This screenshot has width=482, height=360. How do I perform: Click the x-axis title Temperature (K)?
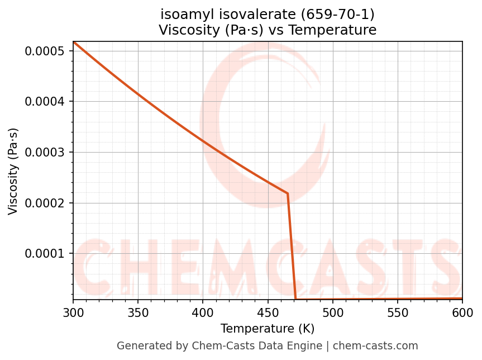click(x=268, y=328)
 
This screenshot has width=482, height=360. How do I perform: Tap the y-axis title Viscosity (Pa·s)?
click(x=13, y=171)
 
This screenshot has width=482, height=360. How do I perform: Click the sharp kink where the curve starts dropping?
click(x=288, y=193)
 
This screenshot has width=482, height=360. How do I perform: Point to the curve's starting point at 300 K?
click(x=74, y=42)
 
